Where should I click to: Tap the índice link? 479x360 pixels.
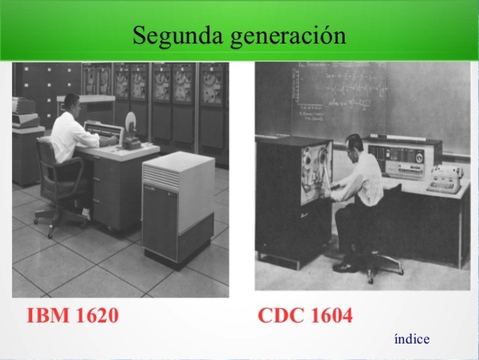click(x=412, y=339)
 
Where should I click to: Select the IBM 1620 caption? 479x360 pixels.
click(x=72, y=316)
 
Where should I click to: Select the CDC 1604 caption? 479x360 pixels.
click(x=304, y=316)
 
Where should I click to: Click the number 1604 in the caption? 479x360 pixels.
click(x=328, y=316)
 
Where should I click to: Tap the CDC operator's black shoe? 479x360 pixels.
click(x=345, y=265)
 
